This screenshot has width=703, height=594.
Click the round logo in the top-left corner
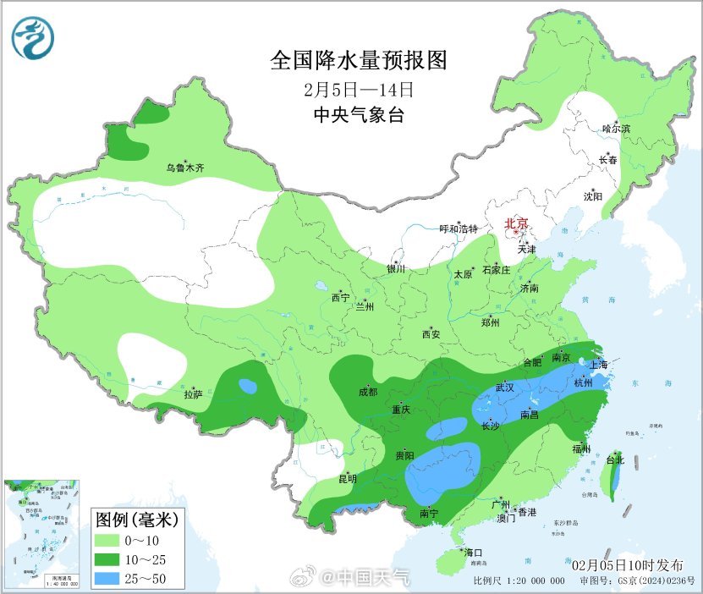point(33,39)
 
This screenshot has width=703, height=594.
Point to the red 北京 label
point(516,224)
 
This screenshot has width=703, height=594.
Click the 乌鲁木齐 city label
point(184,168)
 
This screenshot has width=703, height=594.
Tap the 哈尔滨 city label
point(616,129)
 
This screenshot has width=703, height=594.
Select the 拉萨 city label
point(193,393)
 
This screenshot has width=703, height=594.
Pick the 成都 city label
point(367,392)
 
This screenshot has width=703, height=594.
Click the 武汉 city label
point(504,388)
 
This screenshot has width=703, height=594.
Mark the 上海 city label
point(599,365)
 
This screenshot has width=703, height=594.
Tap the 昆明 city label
point(348,479)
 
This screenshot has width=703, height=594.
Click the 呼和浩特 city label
point(459,229)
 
